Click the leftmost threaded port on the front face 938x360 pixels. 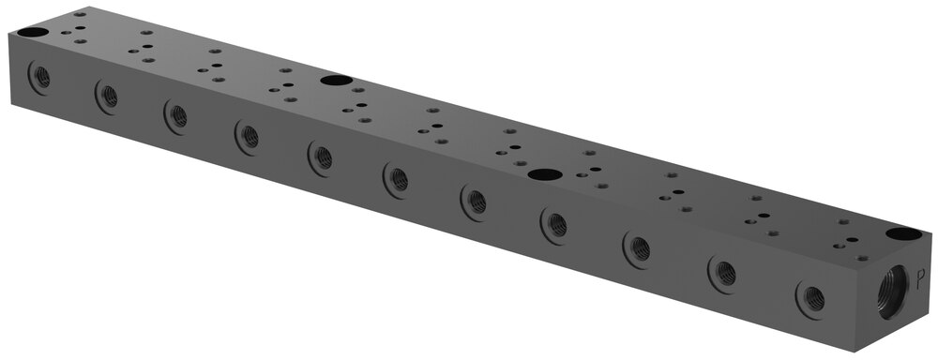pyautogui.click(x=41, y=77)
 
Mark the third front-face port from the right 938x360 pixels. pyautogui.click(x=639, y=248)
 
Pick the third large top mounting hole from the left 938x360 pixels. pyautogui.click(x=542, y=173)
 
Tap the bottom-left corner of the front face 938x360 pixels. pyautogui.click(x=16, y=107)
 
